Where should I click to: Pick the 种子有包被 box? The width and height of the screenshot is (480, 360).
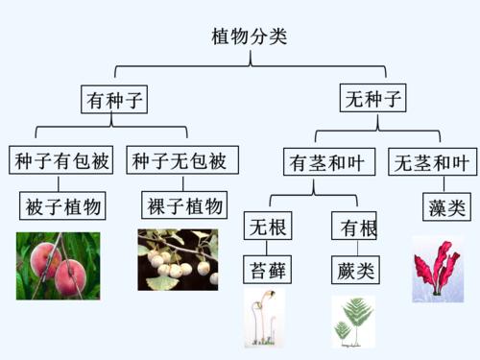click(x=62, y=160)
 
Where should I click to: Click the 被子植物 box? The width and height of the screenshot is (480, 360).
click(x=63, y=206)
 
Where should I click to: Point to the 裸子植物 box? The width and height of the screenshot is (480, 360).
click(x=185, y=205)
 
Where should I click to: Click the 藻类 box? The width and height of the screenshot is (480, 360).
click(x=444, y=207)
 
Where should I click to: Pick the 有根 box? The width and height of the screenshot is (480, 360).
click(x=354, y=228)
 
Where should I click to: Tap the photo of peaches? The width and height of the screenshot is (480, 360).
click(x=58, y=266)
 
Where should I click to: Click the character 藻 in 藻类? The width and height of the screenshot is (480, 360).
click(x=435, y=207)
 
